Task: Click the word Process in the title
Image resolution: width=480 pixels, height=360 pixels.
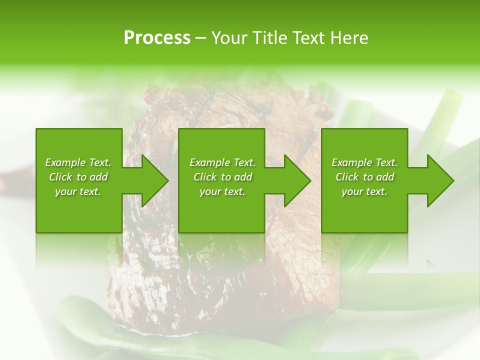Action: tap(157, 38)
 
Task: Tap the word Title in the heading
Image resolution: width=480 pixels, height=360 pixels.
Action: tap(269, 38)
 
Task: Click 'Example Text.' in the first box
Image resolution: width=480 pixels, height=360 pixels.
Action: tap(78, 162)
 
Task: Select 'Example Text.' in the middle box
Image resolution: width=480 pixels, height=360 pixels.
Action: tap(222, 162)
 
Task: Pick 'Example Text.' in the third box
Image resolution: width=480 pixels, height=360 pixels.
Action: tap(364, 162)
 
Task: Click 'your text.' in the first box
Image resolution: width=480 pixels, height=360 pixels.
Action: tap(78, 191)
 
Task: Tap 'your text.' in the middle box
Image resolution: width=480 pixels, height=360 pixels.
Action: tap(222, 191)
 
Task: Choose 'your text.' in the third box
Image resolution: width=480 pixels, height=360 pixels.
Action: tap(364, 191)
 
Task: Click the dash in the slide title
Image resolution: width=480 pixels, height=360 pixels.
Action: tap(200, 38)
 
